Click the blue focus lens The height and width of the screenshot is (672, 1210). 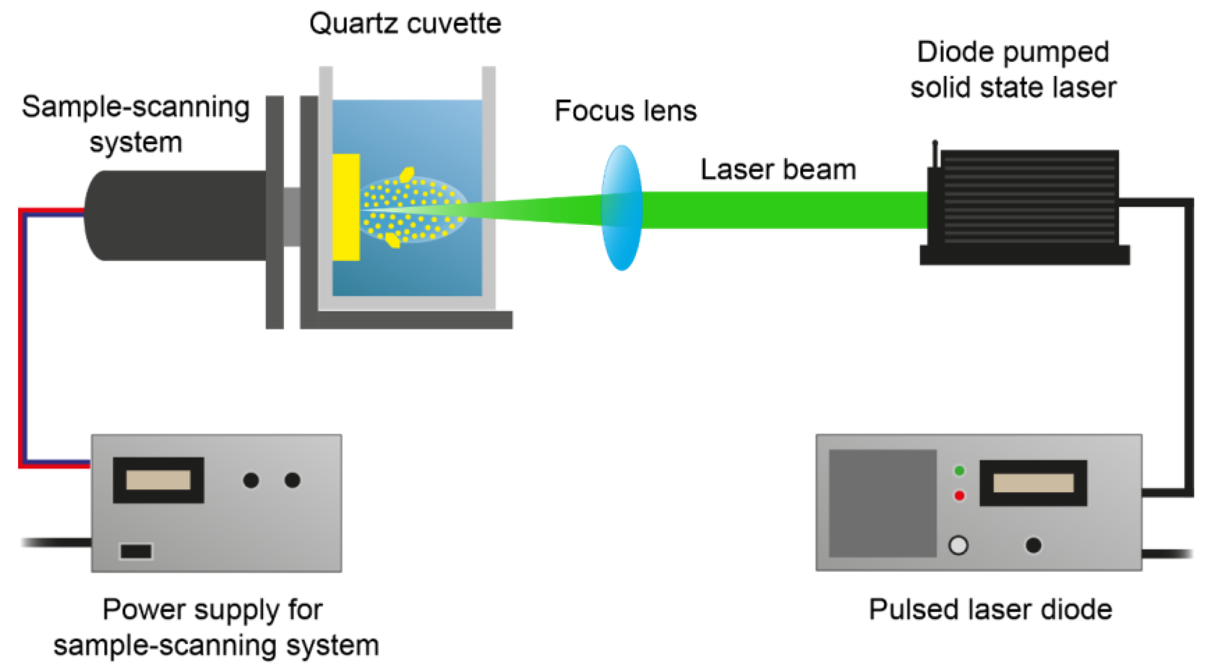point(621,208)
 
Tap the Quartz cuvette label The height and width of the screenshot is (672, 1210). point(405,24)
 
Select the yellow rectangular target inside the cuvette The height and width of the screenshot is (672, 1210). point(346,207)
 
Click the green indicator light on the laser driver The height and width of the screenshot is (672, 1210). point(959,470)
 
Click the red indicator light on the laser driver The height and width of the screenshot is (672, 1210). point(959,495)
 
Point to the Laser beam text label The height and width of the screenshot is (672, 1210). point(778,170)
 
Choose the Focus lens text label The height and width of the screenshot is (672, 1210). point(625,111)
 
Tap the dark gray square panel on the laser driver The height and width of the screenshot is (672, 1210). point(882,503)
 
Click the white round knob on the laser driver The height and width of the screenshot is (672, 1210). point(958,545)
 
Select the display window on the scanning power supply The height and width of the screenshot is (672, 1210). point(158,480)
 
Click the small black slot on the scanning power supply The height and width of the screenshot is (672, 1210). point(136,551)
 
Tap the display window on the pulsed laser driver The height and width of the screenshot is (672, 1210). point(1033,483)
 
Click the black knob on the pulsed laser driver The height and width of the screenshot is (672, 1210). point(1033,545)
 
